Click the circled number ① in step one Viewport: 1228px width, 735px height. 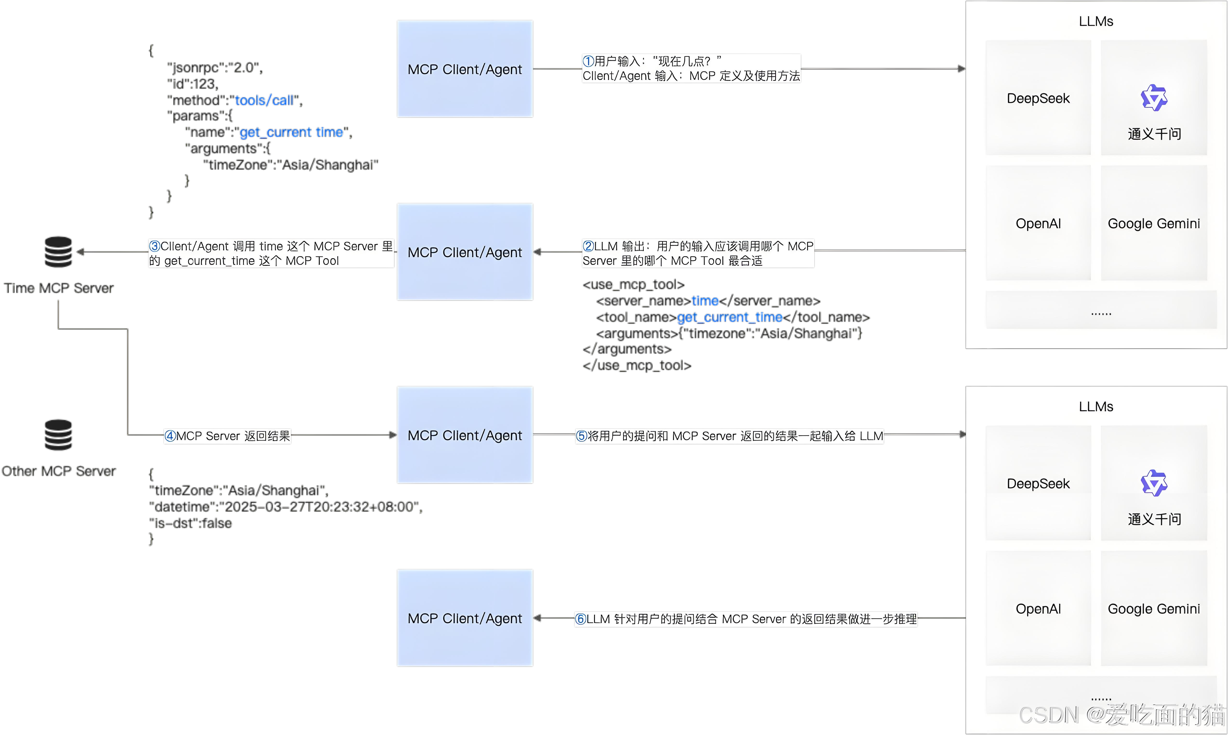(588, 61)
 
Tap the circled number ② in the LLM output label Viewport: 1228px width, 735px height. (588, 246)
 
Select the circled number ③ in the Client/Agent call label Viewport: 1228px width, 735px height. (155, 246)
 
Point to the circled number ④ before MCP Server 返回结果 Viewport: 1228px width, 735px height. (170, 436)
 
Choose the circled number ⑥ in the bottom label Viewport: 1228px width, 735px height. (580, 619)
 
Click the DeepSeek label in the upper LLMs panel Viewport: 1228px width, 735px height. (1038, 98)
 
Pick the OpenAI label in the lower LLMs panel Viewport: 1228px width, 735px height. (1038, 609)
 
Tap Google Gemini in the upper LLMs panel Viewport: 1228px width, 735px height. (1154, 224)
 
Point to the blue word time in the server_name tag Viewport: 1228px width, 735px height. (705, 301)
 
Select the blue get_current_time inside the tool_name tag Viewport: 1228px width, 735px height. (729, 317)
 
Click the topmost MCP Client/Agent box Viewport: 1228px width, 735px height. (465, 69)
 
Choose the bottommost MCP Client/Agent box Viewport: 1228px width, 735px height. (465, 618)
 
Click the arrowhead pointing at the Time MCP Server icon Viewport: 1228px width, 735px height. (80, 252)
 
